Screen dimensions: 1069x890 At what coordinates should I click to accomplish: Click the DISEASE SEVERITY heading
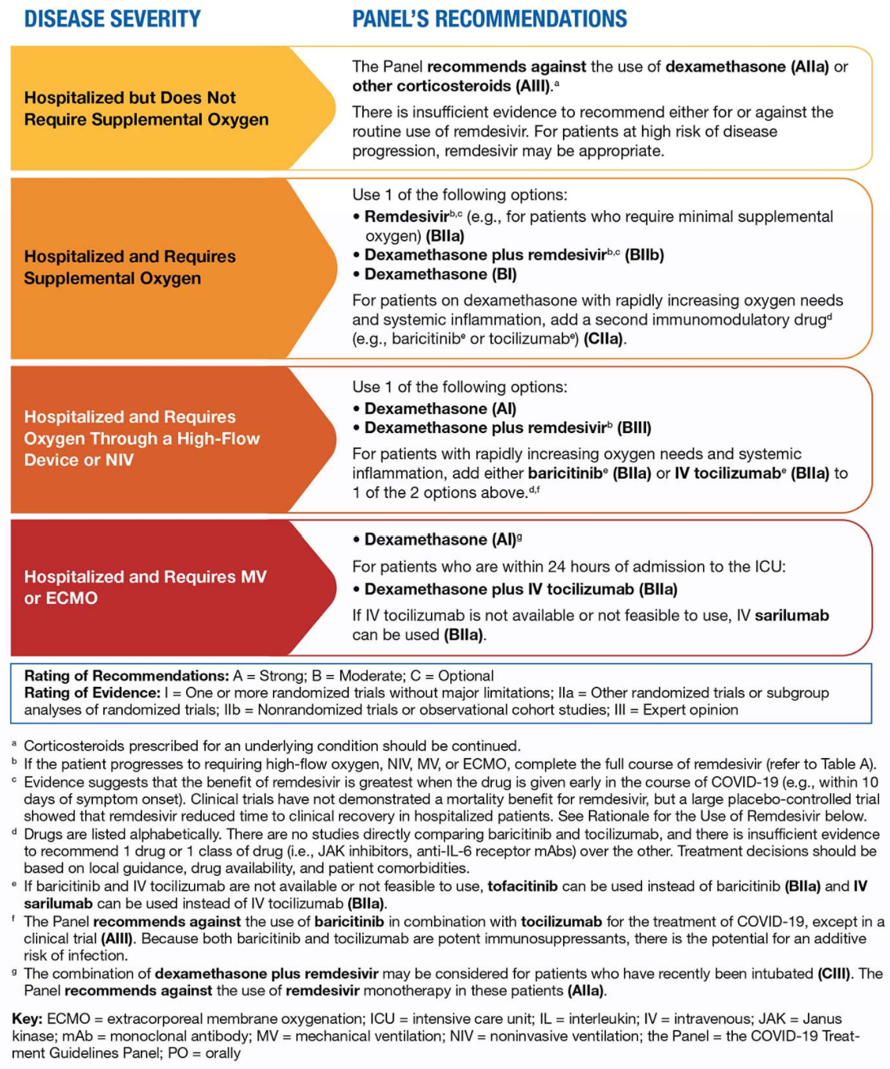pos(112,19)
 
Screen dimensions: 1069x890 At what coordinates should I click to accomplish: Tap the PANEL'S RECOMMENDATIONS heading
pos(489,19)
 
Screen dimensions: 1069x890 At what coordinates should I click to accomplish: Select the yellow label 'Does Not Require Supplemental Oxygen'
pos(146,109)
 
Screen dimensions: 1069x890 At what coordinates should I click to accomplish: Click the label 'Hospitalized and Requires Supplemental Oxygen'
pos(130,267)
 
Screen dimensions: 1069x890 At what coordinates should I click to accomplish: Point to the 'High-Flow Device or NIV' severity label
pos(142,438)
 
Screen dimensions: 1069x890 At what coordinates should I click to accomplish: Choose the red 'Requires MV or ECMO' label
pos(145,587)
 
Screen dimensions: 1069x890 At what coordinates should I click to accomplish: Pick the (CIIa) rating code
pos(605,338)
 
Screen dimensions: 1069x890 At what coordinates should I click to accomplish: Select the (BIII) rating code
pos(634,427)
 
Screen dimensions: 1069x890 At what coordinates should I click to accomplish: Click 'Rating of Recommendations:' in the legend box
pos(127,676)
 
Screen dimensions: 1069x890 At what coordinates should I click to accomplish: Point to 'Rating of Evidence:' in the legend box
pos(92,693)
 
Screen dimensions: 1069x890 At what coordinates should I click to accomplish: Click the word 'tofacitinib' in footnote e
pos(522,886)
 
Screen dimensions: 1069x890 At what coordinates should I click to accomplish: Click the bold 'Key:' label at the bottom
pos(27,1019)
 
